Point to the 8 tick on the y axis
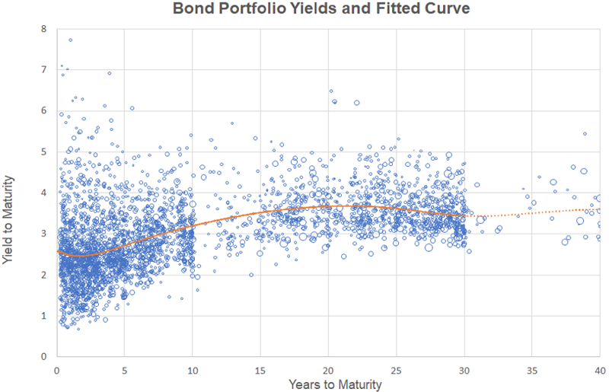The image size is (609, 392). point(43,30)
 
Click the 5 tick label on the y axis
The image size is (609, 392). point(43,152)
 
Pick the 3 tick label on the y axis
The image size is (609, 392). point(43,234)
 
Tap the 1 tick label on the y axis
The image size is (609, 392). point(43,315)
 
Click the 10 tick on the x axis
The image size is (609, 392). point(192,370)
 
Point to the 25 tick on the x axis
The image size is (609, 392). point(396,370)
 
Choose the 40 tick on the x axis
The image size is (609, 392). point(598,370)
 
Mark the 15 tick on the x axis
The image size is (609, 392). point(260,370)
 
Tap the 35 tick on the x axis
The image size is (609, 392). point(531,370)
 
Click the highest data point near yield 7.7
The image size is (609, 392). point(70,40)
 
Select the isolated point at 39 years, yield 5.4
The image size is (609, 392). point(585,134)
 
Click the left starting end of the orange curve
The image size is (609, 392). point(58,250)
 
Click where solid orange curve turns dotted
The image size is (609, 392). point(464,215)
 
